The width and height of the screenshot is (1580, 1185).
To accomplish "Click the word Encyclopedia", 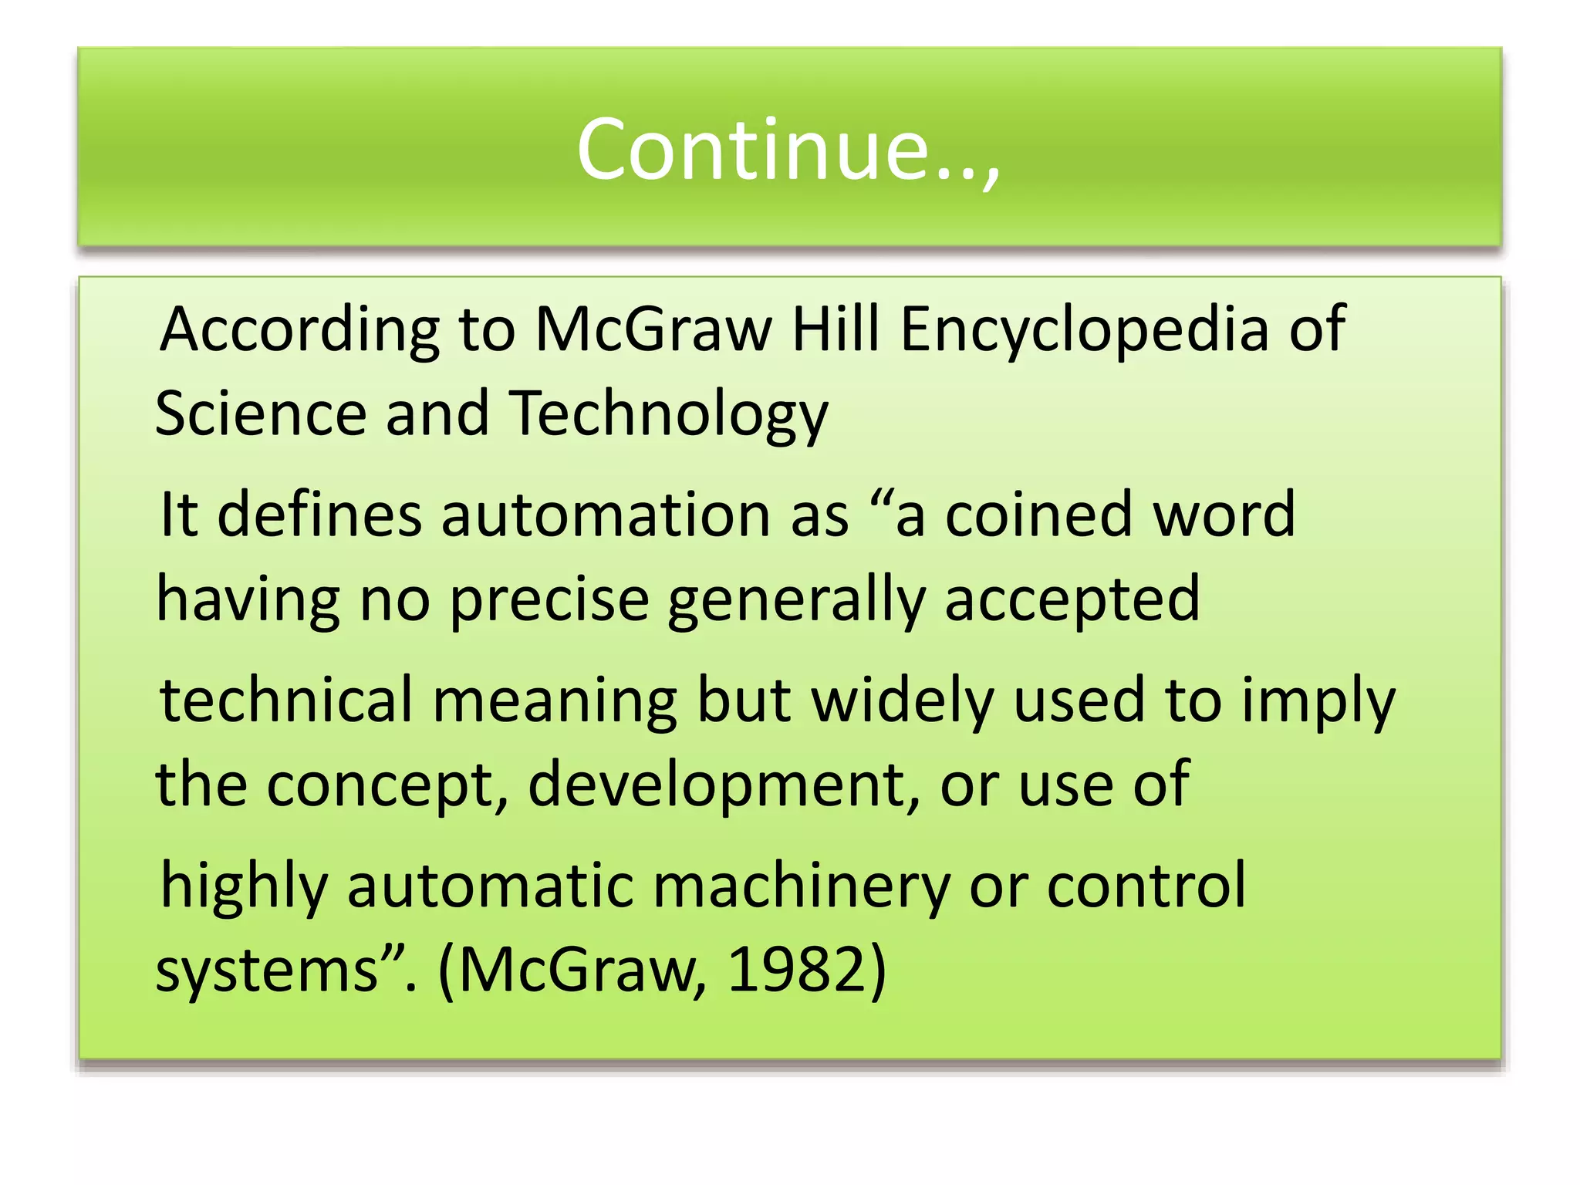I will pos(1085,330).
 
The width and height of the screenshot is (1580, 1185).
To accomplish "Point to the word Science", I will pos(261,414).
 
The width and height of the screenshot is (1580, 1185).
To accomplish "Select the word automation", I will pos(606,515).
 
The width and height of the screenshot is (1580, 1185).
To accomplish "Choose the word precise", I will pos(549,600).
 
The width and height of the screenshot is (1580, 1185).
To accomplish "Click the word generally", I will pos(796,600).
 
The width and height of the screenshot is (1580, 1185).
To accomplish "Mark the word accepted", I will pos(1072,600).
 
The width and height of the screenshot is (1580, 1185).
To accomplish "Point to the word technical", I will pos(286,700).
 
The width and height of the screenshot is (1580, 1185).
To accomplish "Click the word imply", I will pos(1318,701).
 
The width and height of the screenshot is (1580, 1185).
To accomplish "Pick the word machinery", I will pos(802,886).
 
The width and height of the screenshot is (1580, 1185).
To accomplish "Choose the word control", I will pos(1146,886).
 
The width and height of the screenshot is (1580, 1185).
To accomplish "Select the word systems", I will pos(267,971).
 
